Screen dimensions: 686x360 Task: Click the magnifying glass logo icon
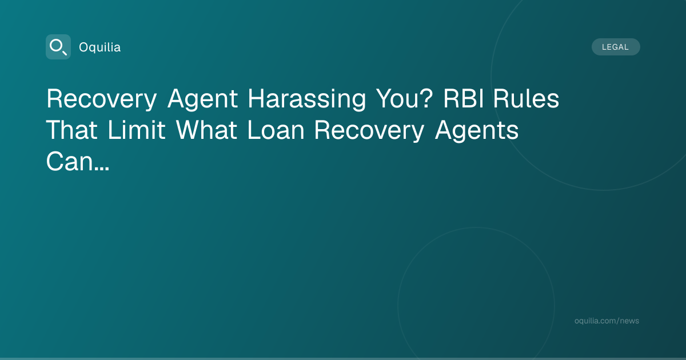[x=58, y=47]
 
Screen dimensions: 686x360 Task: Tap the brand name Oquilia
[x=100, y=47]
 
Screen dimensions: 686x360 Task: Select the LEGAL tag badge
[x=616, y=47]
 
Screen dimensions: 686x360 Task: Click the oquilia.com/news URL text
[x=607, y=321]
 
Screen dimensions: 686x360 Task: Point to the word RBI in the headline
[x=464, y=98]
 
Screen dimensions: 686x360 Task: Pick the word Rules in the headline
[x=526, y=98]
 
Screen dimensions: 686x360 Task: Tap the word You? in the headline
[x=404, y=98]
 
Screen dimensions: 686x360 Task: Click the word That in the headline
[x=72, y=130]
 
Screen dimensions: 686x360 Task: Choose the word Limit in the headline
[x=137, y=130]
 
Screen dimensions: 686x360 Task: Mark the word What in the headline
[x=206, y=130]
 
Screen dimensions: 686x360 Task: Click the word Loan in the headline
[x=276, y=130]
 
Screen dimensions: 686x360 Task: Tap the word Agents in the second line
[x=477, y=131]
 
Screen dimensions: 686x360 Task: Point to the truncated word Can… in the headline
[x=78, y=161]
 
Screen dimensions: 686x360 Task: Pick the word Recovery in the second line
[x=369, y=131]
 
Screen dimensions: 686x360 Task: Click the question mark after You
[x=426, y=98]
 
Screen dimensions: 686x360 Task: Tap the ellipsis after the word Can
[x=102, y=169]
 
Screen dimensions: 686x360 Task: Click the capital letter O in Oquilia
[x=84, y=47]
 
